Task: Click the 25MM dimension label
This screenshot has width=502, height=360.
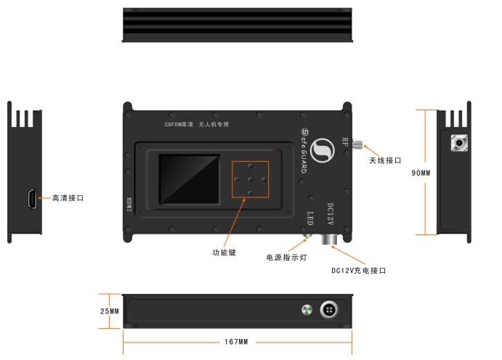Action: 110,311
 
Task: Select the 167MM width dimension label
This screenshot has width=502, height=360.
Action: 237,341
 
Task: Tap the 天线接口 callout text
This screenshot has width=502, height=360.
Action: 385,160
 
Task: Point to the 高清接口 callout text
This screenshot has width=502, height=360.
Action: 68,197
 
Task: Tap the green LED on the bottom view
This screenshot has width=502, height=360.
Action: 307,311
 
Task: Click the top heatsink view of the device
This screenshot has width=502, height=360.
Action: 238,27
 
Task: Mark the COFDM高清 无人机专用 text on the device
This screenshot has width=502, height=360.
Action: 196,125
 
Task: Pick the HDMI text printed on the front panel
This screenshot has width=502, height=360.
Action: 130,204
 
